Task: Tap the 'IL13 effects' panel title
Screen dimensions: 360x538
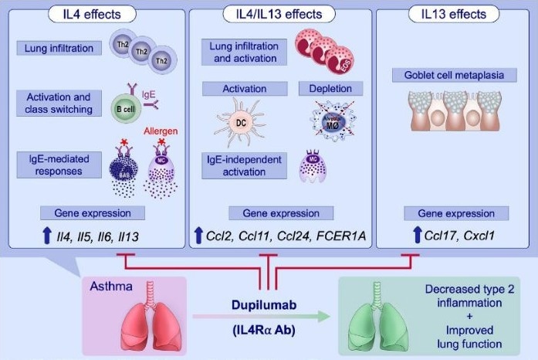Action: click(x=453, y=14)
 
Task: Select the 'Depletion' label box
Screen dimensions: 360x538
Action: click(x=326, y=89)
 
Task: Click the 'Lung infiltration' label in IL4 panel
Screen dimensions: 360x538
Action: click(x=59, y=49)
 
